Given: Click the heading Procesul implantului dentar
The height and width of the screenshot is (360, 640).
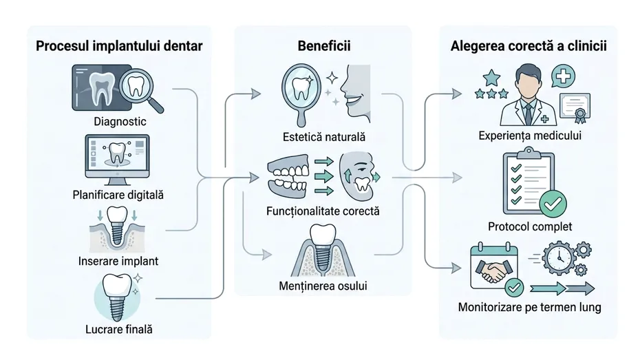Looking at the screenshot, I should [x=120, y=47].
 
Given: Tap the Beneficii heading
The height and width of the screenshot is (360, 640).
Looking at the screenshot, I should [x=323, y=47].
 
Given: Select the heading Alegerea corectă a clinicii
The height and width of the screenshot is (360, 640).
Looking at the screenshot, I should [x=529, y=47].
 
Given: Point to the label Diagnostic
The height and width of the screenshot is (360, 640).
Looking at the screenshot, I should [x=120, y=123].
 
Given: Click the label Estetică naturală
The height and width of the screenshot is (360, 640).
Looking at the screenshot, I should [x=323, y=136].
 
